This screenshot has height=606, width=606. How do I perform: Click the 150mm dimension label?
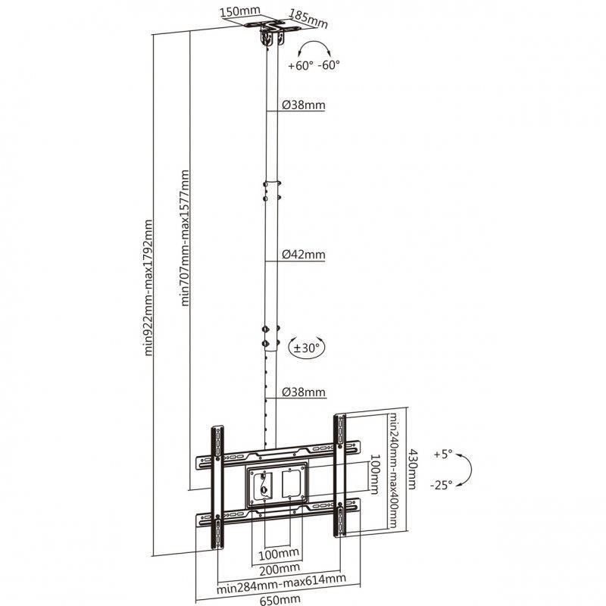[240, 11]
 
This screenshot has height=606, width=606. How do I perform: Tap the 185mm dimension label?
[308, 20]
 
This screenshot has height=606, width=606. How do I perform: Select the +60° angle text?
[300, 65]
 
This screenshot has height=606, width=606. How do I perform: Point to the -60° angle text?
[329, 64]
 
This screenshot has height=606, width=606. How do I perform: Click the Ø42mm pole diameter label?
[304, 255]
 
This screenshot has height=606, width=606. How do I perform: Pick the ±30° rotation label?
[307, 348]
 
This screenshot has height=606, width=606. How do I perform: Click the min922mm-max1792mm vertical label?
[148, 288]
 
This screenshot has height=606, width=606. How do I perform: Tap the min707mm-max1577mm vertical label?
[185, 238]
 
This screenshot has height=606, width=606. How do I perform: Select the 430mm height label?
[412, 469]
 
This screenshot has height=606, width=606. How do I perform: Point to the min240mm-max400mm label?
[392, 470]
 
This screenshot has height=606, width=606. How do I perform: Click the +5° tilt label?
[443, 454]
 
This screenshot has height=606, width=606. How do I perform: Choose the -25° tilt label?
[441, 485]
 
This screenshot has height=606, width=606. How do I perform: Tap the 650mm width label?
[280, 600]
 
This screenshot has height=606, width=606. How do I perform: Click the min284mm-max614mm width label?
[281, 583]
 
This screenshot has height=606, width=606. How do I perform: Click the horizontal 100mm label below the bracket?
[278, 554]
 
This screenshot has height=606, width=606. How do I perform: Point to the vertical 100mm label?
[374, 474]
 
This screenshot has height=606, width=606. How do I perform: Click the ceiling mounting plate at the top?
[272, 28]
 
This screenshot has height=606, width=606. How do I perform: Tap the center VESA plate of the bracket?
[277, 486]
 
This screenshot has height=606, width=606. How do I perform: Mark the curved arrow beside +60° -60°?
[315, 48]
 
